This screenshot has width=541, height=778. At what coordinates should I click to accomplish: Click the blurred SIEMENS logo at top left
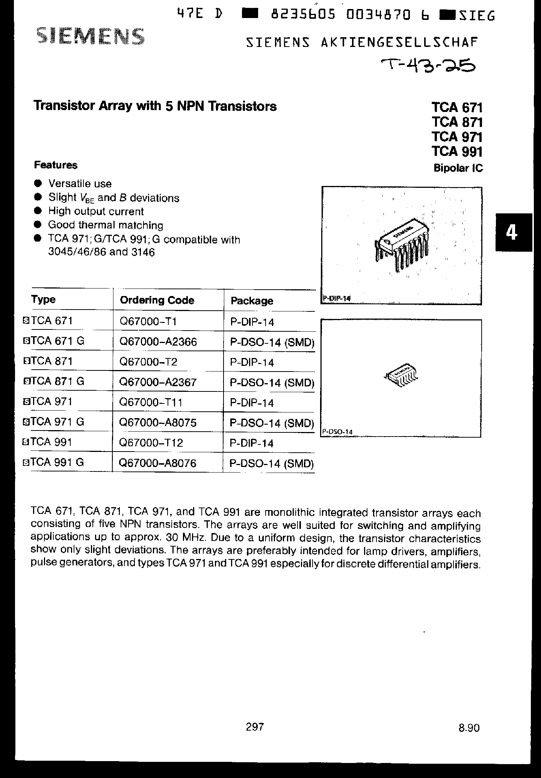tap(90, 38)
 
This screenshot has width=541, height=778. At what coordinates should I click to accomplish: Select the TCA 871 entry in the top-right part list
tap(457, 122)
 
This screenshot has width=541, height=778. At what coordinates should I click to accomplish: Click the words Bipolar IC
tap(458, 168)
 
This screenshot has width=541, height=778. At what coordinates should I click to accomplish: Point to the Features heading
tap(56, 165)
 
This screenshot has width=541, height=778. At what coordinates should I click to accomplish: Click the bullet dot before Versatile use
tap(38, 183)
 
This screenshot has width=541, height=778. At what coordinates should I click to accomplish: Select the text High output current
tap(96, 211)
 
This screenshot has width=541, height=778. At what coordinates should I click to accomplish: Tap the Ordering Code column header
tap(157, 300)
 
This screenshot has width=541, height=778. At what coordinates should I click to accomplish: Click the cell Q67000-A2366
tap(158, 341)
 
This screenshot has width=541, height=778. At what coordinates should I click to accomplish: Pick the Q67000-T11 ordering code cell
tap(151, 402)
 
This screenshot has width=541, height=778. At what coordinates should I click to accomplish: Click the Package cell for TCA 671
tap(252, 322)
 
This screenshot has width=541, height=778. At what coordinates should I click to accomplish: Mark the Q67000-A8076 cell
tap(157, 463)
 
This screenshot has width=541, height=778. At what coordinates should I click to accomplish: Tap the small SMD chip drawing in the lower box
tap(402, 375)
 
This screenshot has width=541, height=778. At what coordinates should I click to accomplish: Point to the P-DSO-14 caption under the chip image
tap(337, 432)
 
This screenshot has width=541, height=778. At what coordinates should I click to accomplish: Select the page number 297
tap(255, 727)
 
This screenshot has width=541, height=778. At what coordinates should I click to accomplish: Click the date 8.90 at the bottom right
tap(469, 728)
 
